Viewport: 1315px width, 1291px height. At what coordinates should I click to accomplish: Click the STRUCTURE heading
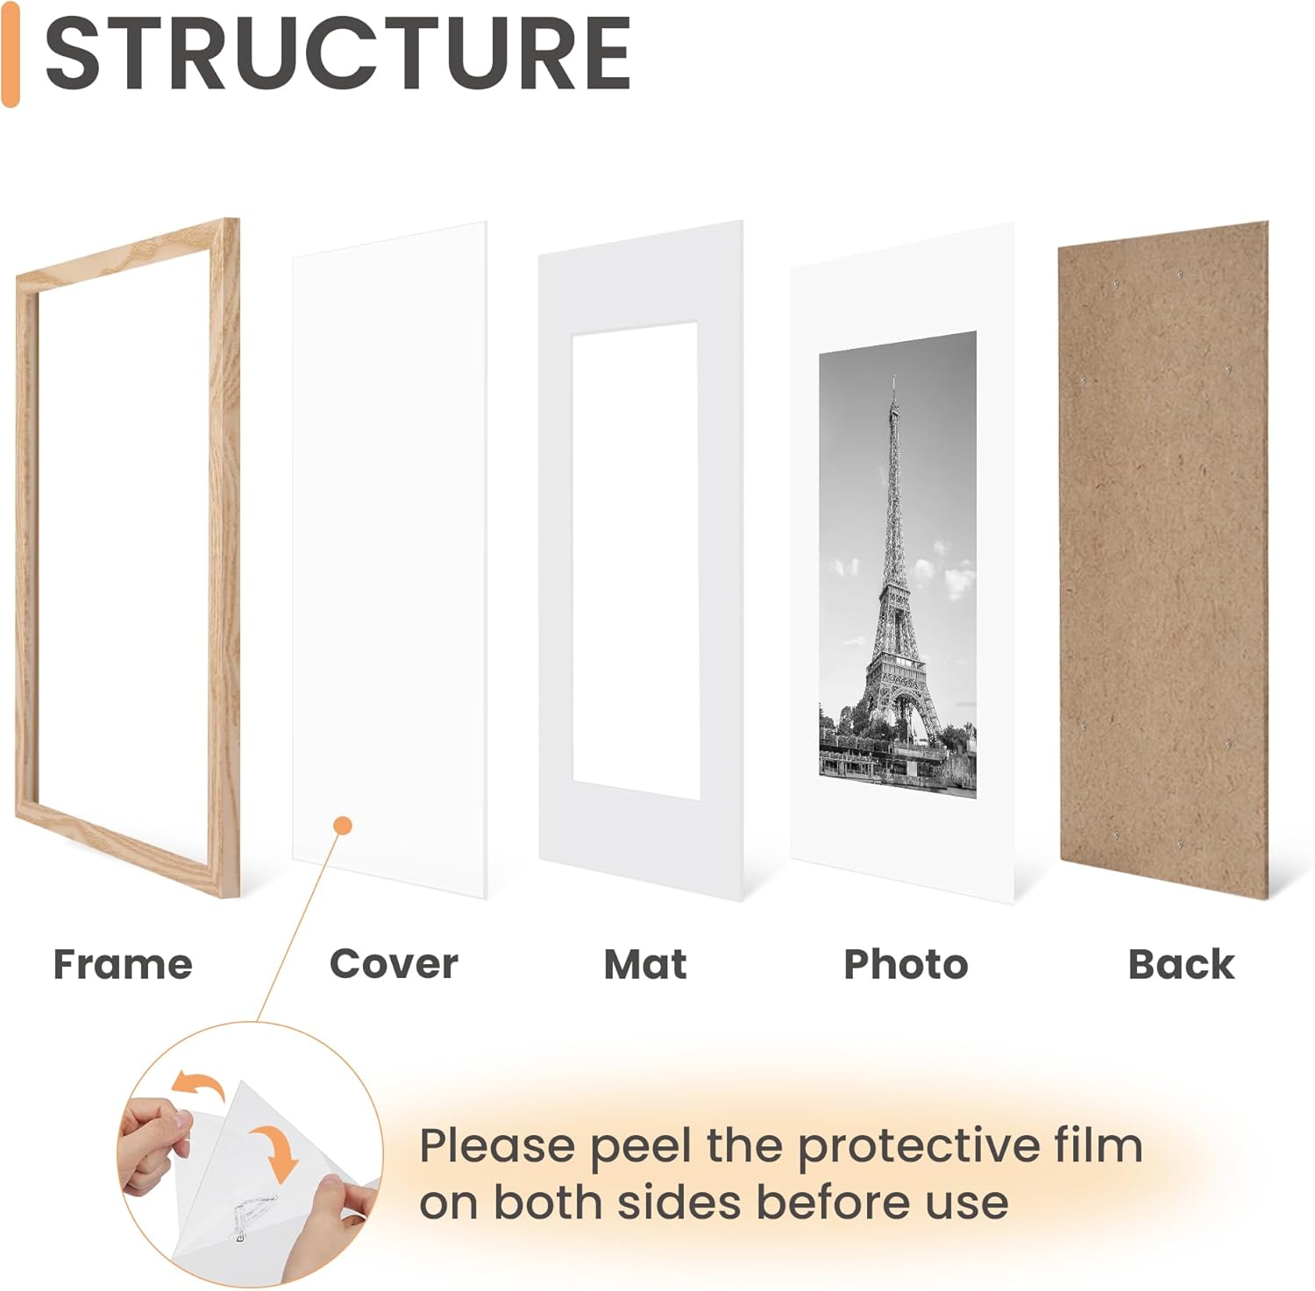tap(338, 54)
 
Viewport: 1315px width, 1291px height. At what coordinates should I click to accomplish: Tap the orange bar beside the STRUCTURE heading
tap(11, 54)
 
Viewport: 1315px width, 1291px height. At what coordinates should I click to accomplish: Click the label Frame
tap(123, 964)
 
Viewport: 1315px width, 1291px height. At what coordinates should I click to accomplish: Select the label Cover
tap(394, 964)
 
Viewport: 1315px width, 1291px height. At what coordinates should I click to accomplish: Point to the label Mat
tap(645, 964)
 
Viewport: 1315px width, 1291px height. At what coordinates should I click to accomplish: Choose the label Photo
tap(906, 964)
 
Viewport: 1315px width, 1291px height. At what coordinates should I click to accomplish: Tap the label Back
tap(1181, 964)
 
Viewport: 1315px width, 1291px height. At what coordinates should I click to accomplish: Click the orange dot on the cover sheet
tap(344, 826)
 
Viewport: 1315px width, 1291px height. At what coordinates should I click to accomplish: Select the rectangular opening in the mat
tap(635, 561)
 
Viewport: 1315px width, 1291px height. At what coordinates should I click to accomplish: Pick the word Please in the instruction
tap(497, 1146)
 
